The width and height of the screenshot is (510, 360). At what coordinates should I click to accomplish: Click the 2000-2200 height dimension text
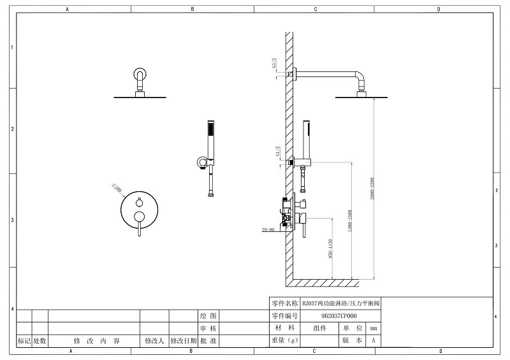pos(372,189)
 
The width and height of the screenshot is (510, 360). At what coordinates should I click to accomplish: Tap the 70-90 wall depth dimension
pos(267,229)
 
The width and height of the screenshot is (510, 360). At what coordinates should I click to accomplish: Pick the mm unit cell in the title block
pos(374,328)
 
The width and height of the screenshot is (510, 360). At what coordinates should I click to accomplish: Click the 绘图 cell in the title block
pos(208,316)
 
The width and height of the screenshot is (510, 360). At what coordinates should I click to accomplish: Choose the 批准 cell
pos(208,341)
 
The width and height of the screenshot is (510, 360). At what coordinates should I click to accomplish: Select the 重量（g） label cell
pos(284,341)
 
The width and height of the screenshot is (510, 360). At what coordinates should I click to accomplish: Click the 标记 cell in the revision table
pos(24,341)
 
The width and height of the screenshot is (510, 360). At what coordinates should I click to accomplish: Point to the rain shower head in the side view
pos(361,97)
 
